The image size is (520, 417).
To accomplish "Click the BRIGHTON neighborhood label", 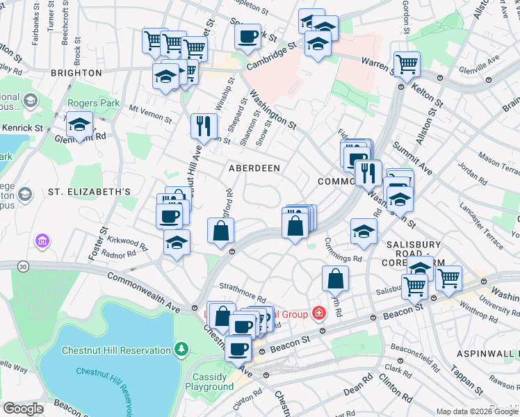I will point(76,72).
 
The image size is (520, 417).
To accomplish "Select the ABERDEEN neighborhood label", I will point(254,168).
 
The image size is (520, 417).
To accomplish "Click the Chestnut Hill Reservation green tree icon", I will point(181,347).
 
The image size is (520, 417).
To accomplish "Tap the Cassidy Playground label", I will point(209,382).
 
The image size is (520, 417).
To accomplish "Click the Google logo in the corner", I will point(24,409).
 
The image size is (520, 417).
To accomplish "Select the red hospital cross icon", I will point(318,313).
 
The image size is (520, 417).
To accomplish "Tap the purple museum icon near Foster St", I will point(41,241).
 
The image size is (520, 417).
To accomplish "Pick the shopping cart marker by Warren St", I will point(407,65).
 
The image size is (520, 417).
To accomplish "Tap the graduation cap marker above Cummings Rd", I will point(364,231).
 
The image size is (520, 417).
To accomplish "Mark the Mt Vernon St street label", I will point(150,113).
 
